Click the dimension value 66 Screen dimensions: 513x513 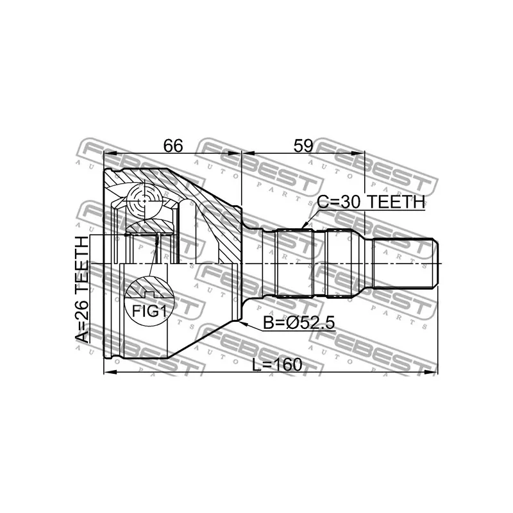pyautogui.click(x=173, y=146)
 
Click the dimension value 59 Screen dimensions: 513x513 pyautogui.click(x=303, y=146)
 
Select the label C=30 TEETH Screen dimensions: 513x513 pyautogui.click(x=371, y=202)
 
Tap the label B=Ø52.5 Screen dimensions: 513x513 pyautogui.click(x=299, y=323)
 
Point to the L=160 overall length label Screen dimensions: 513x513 pyautogui.click(x=277, y=364)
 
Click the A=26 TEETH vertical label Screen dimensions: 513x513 pyautogui.click(x=82, y=290)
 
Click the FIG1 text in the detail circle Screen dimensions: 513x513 pyautogui.click(x=149, y=311)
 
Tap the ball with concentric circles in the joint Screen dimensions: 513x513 pyautogui.click(x=144, y=199)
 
